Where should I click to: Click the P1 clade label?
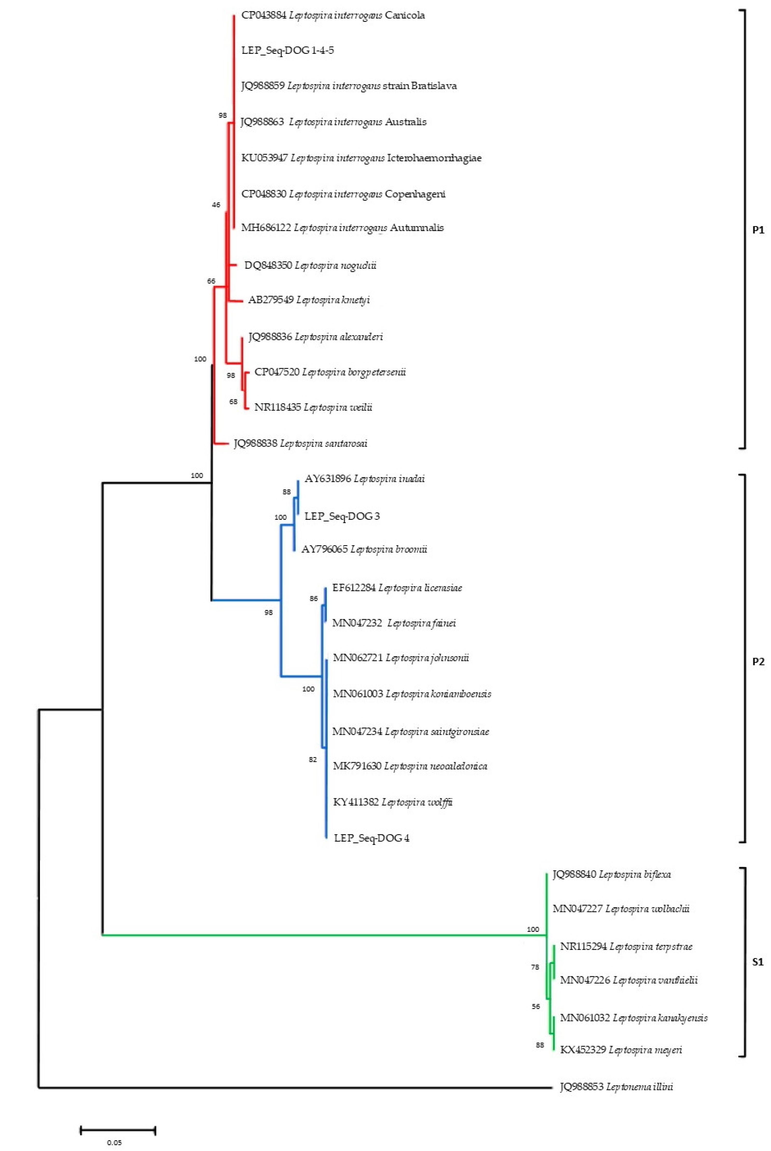[x=758, y=230]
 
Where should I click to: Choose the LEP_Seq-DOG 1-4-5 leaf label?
[x=288, y=50]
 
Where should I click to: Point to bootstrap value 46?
[x=216, y=205]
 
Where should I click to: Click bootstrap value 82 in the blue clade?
[x=313, y=759]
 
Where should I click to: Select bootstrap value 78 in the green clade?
[x=535, y=967]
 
